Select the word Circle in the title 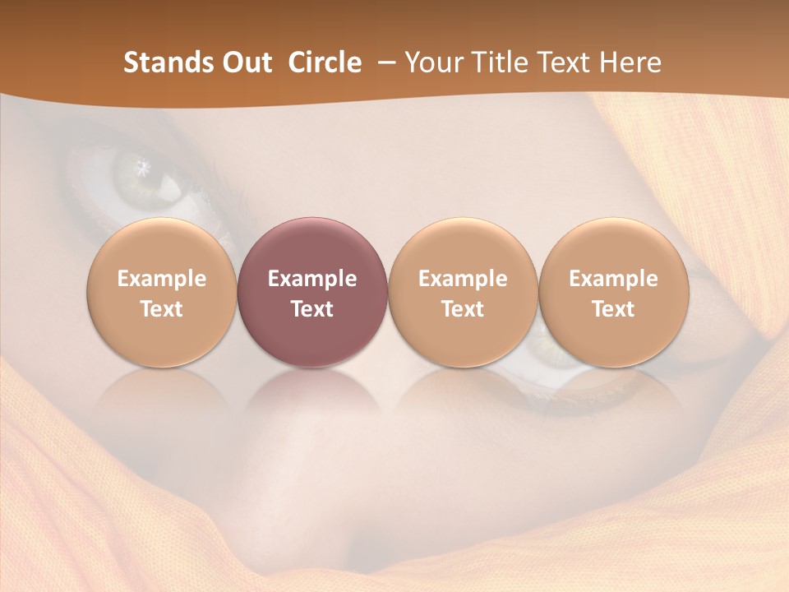coord(325,62)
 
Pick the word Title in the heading coord(500,62)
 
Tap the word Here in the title coord(630,62)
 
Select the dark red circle coord(312,293)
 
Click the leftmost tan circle coord(162,293)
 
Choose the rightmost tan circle coord(613,293)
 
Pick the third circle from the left coord(463,293)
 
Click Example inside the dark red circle coord(312,279)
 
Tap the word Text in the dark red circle coord(312,309)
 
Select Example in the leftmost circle coord(162,279)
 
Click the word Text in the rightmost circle coord(613,309)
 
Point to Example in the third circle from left coord(463,279)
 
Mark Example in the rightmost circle coord(613,279)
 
